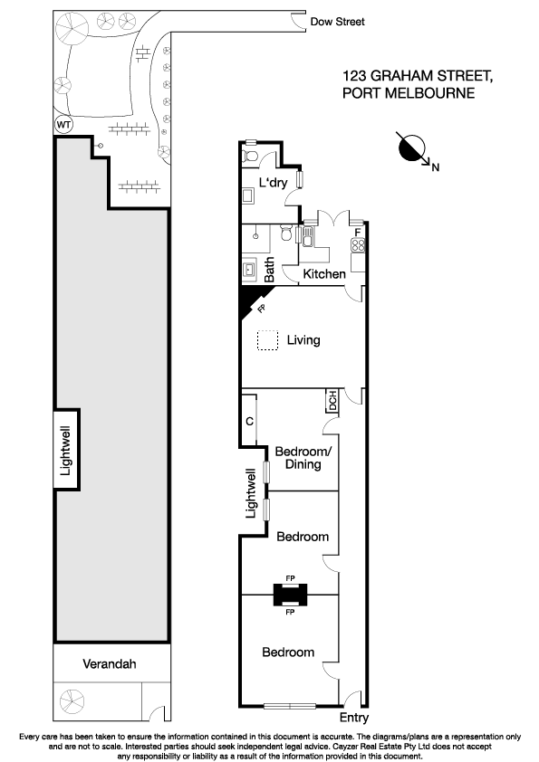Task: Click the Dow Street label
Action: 338,22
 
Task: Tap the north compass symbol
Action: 413,148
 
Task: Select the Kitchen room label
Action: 323,274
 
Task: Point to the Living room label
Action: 303,341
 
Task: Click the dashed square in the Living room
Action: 266,341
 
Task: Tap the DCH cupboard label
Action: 332,399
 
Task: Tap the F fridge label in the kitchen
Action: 358,232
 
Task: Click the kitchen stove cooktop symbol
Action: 358,244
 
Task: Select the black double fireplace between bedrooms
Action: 290,594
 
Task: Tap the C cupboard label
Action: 249,422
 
